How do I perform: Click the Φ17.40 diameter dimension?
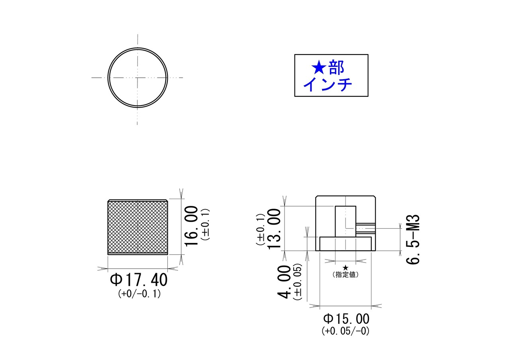pyautogui.click(x=139, y=280)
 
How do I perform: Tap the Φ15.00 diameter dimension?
pyautogui.click(x=346, y=319)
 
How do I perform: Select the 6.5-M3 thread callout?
pyautogui.click(x=413, y=239)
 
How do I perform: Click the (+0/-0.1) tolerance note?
pyautogui.click(x=139, y=294)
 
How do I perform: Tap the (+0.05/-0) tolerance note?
pyautogui.click(x=345, y=331)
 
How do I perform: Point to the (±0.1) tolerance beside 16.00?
pyautogui.click(x=205, y=224)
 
